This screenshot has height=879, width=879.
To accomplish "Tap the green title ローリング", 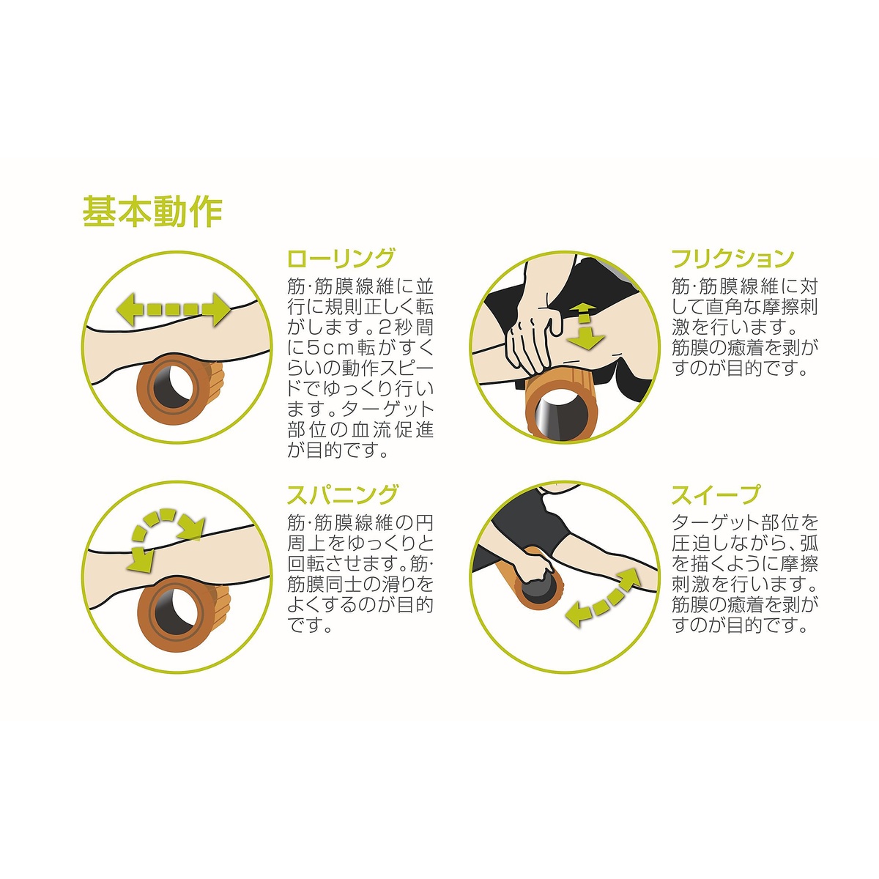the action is pyautogui.click(x=341, y=259).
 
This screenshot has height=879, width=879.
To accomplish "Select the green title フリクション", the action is pyautogui.click(x=733, y=259).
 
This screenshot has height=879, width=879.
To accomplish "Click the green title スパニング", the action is pyautogui.click(x=342, y=494).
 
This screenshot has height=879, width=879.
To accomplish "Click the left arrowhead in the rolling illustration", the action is pyautogui.click(x=129, y=310).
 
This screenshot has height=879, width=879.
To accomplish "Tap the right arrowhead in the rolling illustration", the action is pyautogui.click(x=217, y=310).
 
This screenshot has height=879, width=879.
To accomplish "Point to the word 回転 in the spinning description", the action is pyautogui.click(x=305, y=564).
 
